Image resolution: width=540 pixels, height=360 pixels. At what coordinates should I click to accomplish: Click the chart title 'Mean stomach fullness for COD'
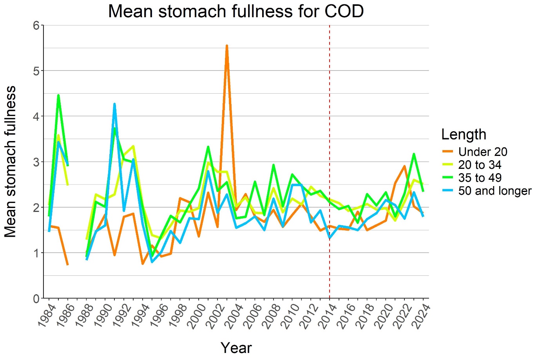[236, 11]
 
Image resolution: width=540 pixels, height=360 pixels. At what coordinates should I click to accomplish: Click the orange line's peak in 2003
[227, 46]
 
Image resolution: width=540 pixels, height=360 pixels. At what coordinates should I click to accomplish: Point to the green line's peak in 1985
[58, 95]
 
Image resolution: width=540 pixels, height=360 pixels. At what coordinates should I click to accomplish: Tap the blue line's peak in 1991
[114, 104]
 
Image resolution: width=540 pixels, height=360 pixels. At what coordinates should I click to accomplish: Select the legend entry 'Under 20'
[482, 152]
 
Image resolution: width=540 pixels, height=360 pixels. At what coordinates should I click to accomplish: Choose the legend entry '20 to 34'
[480, 165]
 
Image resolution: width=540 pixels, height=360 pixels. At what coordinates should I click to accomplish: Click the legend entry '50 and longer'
[495, 191]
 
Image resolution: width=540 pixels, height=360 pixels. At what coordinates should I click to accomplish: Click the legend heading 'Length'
[464, 134]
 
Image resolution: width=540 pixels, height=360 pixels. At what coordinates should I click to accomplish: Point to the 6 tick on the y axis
[36, 25]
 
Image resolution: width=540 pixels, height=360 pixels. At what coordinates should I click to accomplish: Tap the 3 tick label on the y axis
[36, 162]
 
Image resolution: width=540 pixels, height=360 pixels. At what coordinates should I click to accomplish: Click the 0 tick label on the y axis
[36, 298]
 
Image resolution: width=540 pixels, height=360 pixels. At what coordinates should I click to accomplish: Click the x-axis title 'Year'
[236, 347]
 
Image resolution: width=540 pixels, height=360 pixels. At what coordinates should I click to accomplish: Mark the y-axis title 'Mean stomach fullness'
[11, 162]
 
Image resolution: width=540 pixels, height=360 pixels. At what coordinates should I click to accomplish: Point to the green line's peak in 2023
[414, 154]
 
